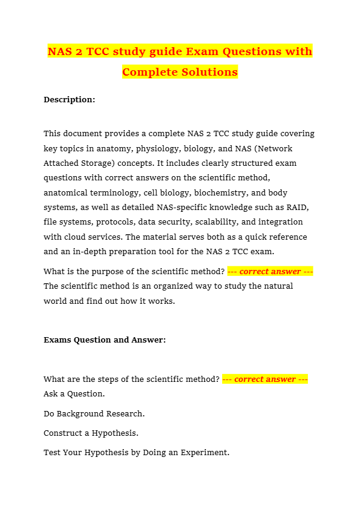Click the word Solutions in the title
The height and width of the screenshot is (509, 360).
click(x=209, y=72)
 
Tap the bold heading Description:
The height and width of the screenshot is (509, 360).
click(x=69, y=100)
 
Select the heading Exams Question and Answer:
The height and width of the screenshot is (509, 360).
click(x=105, y=340)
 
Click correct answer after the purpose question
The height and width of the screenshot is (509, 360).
click(x=270, y=272)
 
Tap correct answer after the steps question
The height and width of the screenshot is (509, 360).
click(x=265, y=379)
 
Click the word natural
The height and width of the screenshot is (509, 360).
click(x=277, y=286)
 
